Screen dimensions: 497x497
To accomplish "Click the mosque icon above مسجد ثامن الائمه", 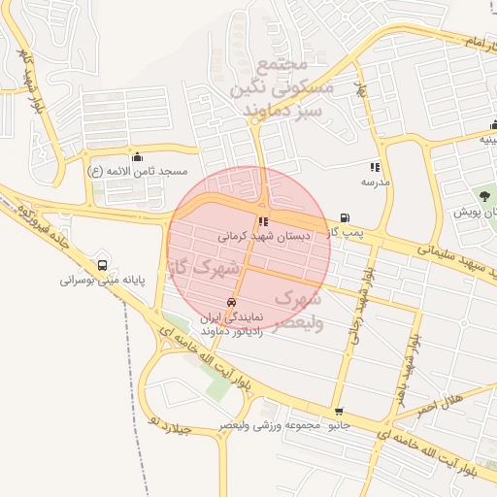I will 137,156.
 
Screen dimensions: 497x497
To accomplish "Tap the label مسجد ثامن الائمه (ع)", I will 137,171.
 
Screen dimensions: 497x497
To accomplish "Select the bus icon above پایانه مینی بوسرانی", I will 103,265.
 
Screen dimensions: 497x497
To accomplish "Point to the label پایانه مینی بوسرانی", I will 102,281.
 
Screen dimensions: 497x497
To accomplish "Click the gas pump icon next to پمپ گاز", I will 344,218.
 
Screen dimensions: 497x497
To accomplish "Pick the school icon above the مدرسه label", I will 376,168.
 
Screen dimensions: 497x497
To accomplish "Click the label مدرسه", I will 376,182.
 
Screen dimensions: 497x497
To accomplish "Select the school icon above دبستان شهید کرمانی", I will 264,222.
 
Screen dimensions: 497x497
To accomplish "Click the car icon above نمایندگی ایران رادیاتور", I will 231,303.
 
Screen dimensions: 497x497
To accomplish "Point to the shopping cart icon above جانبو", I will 338,413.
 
